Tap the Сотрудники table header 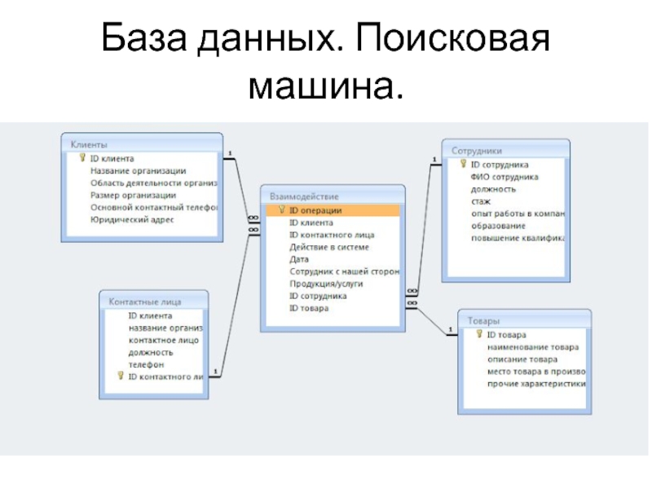(x=477, y=151)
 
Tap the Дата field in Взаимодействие (x=299, y=259)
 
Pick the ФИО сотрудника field (x=504, y=177)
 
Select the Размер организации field (x=133, y=196)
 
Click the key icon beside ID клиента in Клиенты (x=82, y=158)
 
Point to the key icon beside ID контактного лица (x=121, y=377)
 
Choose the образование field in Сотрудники (x=498, y=226)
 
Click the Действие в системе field (x=329, y=247)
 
